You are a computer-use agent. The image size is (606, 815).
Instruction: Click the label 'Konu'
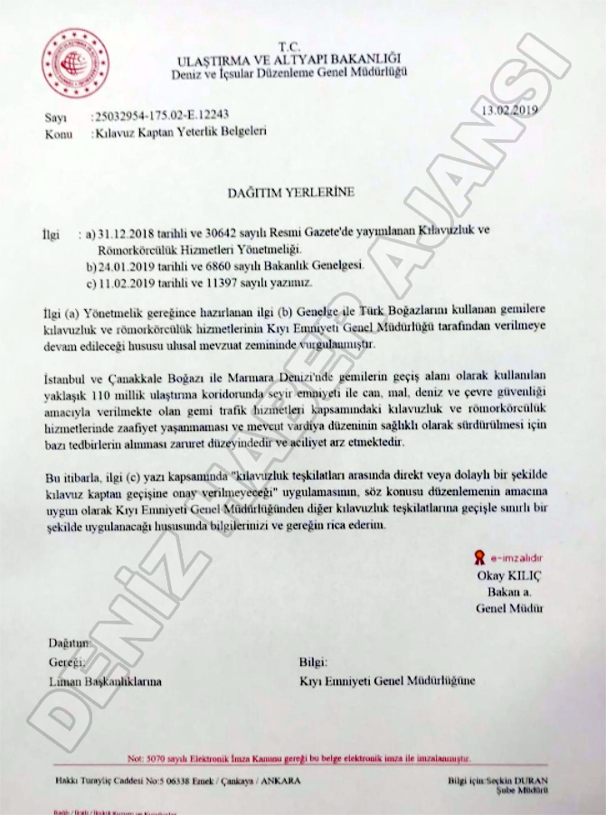58,134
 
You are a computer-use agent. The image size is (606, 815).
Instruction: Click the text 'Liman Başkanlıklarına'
105,681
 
